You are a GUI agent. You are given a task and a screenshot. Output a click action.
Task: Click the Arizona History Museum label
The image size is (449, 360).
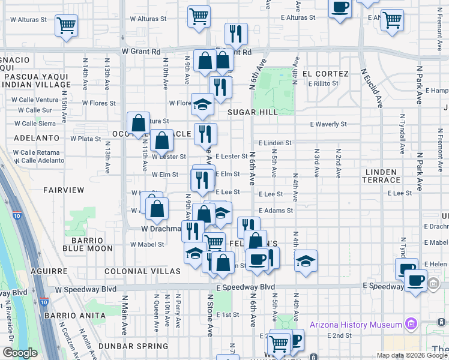click(355, 325)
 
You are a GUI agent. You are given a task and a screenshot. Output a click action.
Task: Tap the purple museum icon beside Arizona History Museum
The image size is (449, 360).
click(411, 325)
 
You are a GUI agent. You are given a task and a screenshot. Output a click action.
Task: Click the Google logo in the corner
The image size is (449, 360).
click(20, 353)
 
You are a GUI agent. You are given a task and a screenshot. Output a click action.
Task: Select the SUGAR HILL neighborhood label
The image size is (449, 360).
click(253, 113)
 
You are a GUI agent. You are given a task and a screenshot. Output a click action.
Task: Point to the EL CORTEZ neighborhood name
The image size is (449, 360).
click(325, 74)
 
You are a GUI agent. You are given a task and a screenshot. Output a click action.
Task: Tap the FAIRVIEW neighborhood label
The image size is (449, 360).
click(64, 190)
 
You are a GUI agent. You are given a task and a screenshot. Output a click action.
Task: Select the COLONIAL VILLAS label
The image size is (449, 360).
click(142, 271)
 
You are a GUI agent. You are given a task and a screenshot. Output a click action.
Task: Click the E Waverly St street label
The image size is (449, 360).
click(328, 124)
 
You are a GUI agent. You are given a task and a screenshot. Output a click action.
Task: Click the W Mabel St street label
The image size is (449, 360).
click(148, 245)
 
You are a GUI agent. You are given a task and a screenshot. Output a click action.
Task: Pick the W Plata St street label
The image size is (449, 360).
click(85, 139)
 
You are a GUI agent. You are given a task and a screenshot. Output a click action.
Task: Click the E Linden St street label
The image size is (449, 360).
click(275, 143)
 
